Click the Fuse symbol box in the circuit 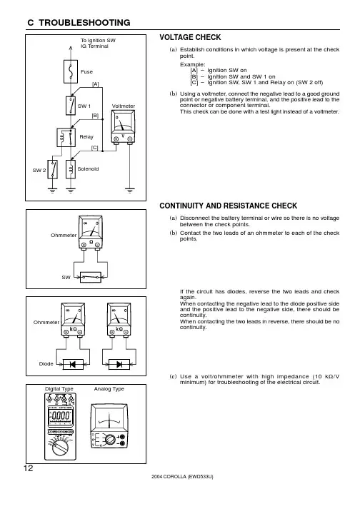tap(71, 71)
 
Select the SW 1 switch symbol tap(71, 106)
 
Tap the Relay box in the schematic tap(66, 137)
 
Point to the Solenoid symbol tap(71, 169)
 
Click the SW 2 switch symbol tap(53, 169)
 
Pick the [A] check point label tap(96, 84)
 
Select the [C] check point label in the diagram tap(94, 148)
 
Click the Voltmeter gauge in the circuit tap(123, 126)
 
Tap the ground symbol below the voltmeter tap(129, 191)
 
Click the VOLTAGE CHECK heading tap(190, 37)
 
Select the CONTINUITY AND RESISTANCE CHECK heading tap(228, 206)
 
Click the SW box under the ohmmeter tap(91, 277)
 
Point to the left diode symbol tap(73, 365)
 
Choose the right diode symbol tap(119, 365)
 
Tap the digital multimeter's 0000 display tap(59, 415)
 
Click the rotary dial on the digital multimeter tap(61, 447)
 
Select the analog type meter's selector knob tap(110, 440)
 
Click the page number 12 tap(29, 468)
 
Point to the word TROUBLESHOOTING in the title tap(84, 22)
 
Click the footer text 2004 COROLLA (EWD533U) tap(182, 477)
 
